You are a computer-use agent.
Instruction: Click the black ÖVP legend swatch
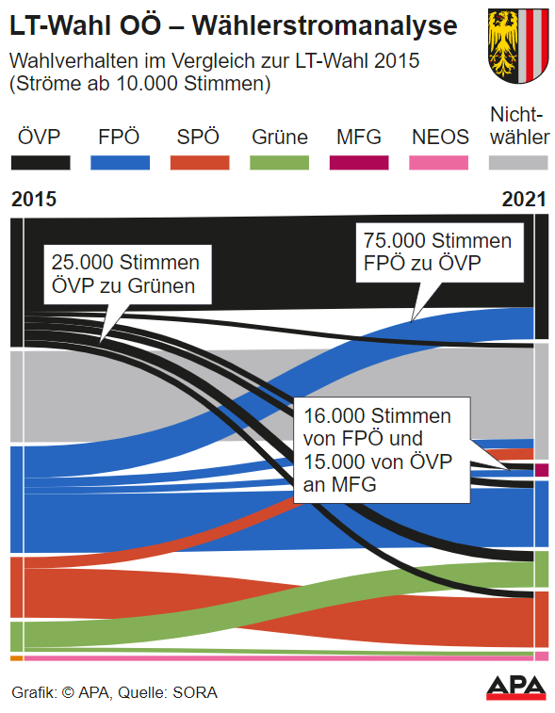41,162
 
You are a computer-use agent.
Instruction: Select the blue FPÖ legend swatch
120,162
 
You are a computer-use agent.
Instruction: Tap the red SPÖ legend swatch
199,162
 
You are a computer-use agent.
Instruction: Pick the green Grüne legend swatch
279,162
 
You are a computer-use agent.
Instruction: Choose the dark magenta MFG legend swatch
359,162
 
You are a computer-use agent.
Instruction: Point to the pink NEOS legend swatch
439,162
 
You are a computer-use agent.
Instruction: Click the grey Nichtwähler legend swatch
519,162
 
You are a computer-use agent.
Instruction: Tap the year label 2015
34,200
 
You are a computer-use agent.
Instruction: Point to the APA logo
516,687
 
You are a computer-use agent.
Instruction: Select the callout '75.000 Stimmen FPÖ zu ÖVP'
438,251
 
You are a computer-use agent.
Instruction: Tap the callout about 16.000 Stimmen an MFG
381,450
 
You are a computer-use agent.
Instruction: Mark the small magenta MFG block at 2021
541,469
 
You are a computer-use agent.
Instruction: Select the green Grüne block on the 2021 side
541,569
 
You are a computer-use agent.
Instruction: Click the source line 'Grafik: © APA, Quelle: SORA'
114,693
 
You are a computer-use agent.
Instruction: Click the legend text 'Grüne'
280,138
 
